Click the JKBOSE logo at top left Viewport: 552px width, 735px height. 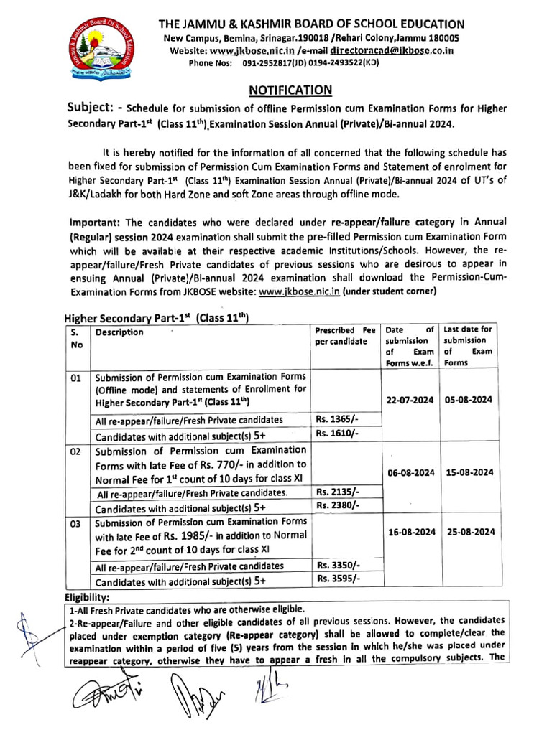click(98, 50)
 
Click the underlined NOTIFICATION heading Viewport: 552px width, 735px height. click(290, 90)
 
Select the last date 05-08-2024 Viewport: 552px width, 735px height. click(468, 400)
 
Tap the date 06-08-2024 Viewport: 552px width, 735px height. click(410, 472)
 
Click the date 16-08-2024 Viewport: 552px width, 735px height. click(410, 532)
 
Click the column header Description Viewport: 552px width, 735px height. click(119, 332)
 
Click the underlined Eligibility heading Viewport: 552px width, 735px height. click(87, 596)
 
